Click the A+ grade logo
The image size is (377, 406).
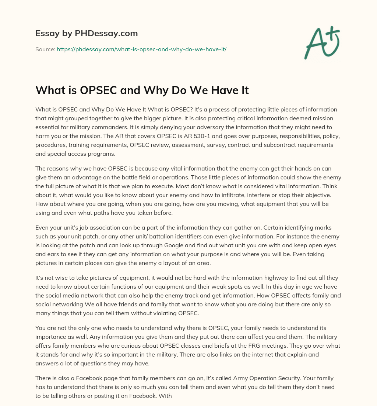click(x=321, y=43)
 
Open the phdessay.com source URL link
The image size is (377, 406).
click(x=141, y=49)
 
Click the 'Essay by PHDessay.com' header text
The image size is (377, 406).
click(x=87, y=33)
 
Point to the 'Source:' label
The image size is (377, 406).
click(x=45, y=49)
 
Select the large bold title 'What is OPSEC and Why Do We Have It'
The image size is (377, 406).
click(x=142, y=90)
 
